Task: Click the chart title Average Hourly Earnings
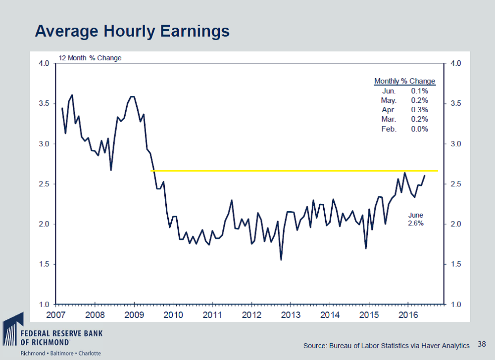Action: click(x=132, y=31)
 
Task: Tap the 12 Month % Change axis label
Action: click(x=90, y=57)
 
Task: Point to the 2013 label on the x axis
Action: click(x=291, y=315)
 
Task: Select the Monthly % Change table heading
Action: click(x=404, y=81)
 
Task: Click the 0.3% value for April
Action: click(x=419, y=110)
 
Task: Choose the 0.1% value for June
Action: click(x=419, y=91)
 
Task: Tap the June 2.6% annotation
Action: click(x=416, y=219)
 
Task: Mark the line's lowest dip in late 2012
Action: click(x=281, y=260)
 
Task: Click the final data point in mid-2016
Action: click(x=425, y=176)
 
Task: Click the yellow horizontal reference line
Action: click(x=297, y=171)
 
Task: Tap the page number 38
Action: click(x=482, y=343)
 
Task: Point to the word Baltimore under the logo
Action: click(x=61, y=353)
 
